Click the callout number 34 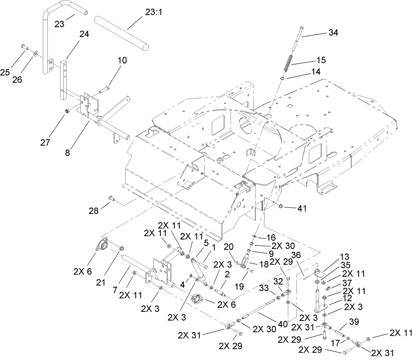(333, 33)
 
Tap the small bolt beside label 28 (111, 199)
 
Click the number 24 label (84, 35)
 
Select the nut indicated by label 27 (67, 111)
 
